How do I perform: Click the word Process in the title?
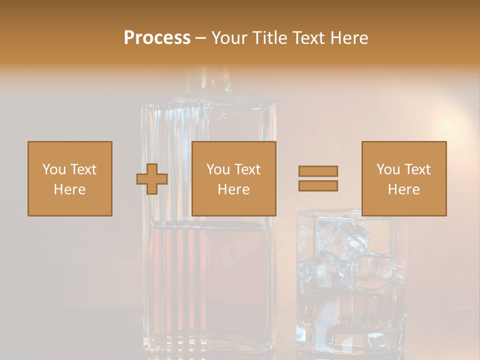coord(157,38)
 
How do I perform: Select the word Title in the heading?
coord(270,38)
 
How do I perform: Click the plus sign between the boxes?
coord(152,178)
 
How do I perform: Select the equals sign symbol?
coord(318,178)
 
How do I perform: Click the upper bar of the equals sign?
coord(318,171)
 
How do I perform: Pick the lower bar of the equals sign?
coord(318,185)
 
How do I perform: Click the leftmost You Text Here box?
coord(70,178)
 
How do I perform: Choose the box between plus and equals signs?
coord(234,178)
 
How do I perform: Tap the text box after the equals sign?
coord(404,178)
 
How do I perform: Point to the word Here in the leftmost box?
coord(70,189)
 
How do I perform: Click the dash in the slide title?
coord(200,38)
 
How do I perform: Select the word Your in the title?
coord(231,38)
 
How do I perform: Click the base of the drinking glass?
coord(350,340)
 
